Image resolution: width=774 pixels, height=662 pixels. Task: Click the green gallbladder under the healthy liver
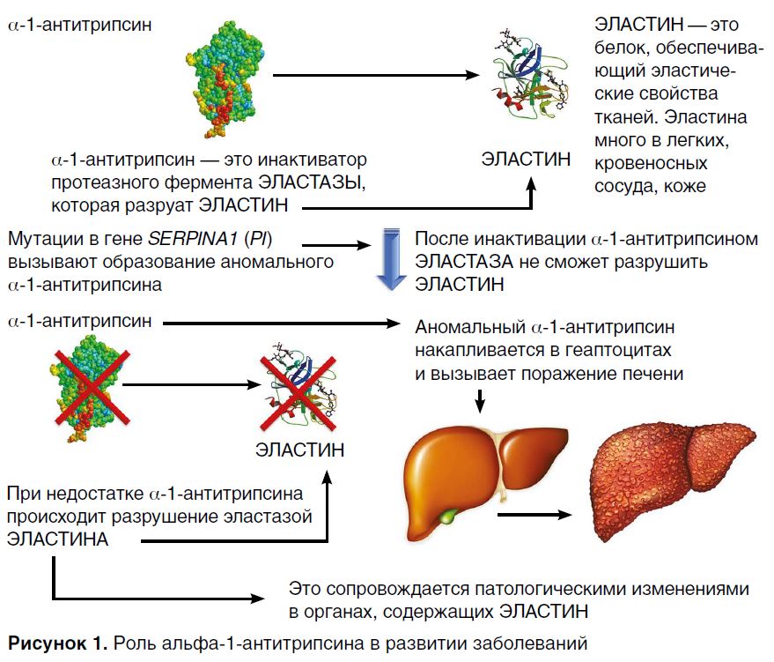(451, 514)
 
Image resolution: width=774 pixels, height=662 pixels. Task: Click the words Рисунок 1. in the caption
(55, 641)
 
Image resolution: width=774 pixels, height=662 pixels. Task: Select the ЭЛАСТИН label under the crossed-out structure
(299, 450)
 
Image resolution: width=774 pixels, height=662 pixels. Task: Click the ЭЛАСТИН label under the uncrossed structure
(526, 159)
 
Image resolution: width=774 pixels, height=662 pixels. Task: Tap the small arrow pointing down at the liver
(480, 400)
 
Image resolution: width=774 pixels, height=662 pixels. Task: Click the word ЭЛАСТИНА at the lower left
(57, 538)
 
